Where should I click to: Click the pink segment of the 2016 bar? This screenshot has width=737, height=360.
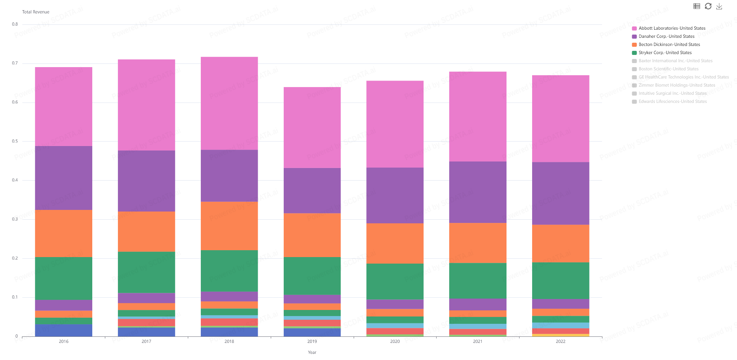[x=63, y=107]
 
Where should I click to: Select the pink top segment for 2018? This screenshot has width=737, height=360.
[x=229, y=103]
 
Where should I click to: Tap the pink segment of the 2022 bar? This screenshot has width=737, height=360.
[x=561, y=119]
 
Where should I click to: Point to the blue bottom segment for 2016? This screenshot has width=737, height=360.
[x=63, y=330]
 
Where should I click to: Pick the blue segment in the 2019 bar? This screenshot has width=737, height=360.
[x=312, y=332]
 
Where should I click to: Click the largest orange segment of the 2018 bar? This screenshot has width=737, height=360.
[x=229, y=226]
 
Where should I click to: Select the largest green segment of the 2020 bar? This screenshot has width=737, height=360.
[x=395, y=281]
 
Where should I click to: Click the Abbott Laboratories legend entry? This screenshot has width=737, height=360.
[x=672, y=28]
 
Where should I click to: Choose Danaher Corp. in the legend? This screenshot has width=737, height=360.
[x=666, y=37]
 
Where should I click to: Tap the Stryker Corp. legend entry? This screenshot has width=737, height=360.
[x=665, y=53]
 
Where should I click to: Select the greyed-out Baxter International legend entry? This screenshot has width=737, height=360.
[x=675, y=61]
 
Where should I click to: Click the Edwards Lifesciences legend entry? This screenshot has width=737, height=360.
[x=672, y=102]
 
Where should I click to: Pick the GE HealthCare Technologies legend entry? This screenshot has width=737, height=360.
[x=683, y=77]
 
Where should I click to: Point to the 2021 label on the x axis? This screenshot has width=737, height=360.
[x=478, y=342]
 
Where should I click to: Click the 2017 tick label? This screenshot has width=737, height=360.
[x=146, y=342]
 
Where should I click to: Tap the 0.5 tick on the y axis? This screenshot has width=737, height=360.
[x=15, y=142]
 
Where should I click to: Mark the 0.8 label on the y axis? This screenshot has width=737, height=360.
[x=15, y=24]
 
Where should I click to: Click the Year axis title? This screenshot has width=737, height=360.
[x=312, y=353]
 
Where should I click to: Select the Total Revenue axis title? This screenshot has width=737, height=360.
[x=36, y=12]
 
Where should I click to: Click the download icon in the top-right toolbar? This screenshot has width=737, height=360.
[x=719, y=7]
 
